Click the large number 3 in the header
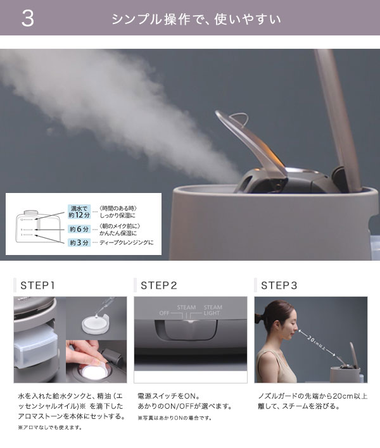point(27,18)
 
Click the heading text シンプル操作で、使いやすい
point(196,18)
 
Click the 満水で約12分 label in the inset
point(80,212)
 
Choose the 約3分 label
point(80,242)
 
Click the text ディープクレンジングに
point(127,242)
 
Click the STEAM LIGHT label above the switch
point(212,310)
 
